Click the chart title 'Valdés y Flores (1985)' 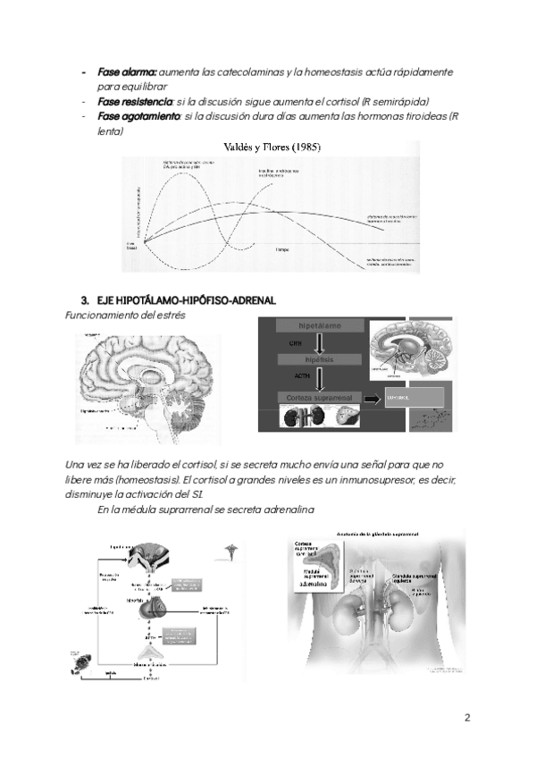pyautogui.click(x=273, y=147)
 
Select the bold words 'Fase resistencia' pyautogui.click(x=134, y=102)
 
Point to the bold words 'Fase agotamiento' pyautogui.click(x=138, y=117)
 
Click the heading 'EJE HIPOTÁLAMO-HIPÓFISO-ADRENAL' pyautogui.click(x=185, y=299)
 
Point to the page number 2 pyautogui.click(x=467, y=718)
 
